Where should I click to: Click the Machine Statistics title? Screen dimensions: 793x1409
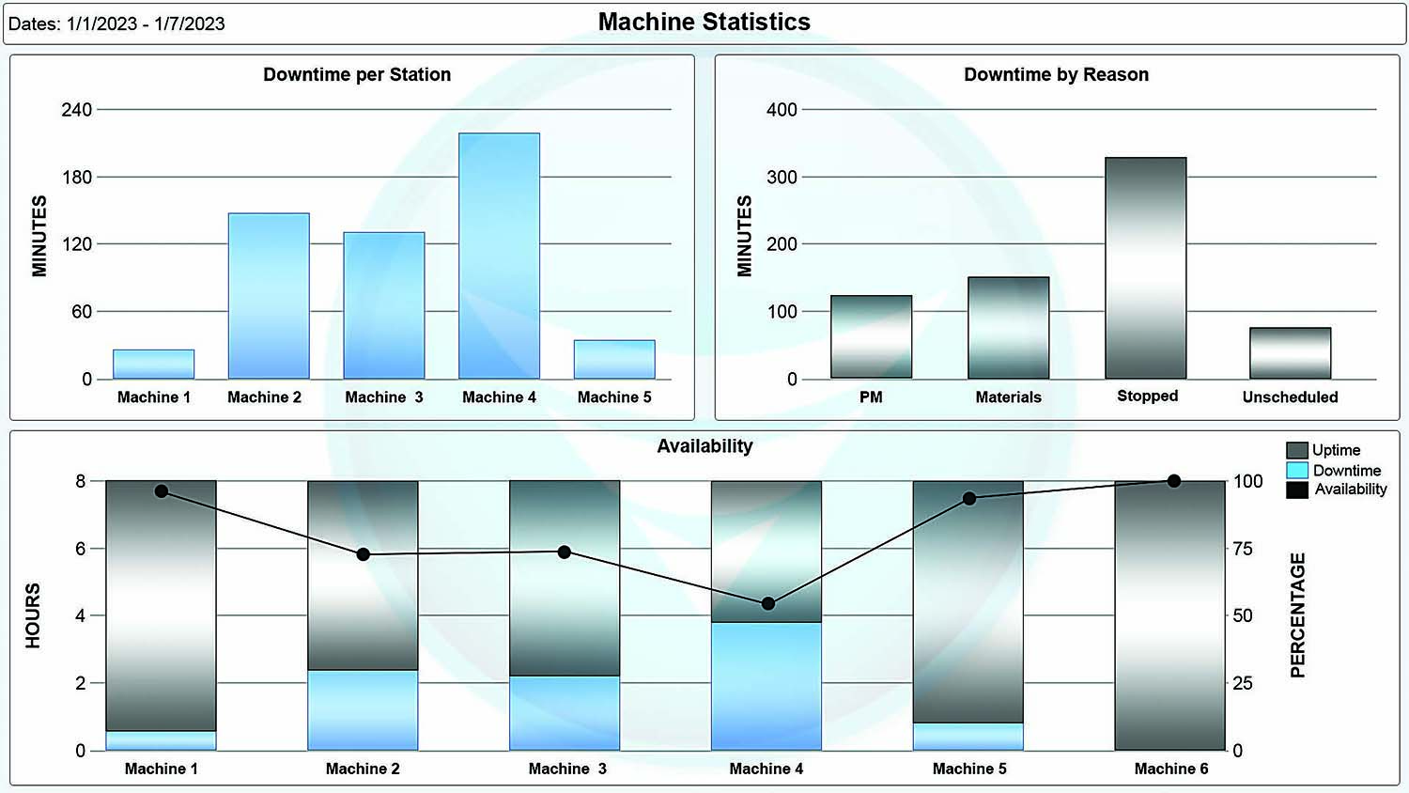(x=704, y=22)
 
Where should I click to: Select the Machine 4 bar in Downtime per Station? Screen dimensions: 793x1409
(x=499, y=256)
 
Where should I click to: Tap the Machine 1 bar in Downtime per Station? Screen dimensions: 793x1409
(x=153, y=364)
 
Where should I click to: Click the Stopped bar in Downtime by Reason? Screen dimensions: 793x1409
(x=1145, y=268)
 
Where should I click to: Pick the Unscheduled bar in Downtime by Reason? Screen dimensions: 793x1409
(x=1290, y=353)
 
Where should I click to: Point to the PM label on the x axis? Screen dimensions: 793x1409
(x=871, y=397)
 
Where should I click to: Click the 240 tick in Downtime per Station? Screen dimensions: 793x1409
(x=77, y=110)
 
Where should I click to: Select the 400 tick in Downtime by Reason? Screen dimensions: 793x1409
(x=782, y=110)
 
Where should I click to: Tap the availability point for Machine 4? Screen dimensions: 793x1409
(x=767, y=603)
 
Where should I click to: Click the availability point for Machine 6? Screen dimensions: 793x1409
(x=1173, y=481)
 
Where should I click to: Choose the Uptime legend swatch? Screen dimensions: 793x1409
(x=1296, y=450)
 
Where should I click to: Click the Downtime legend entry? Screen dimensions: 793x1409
(x=1346, y=470)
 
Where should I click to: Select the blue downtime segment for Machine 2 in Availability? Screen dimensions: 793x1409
(x=363, y=709)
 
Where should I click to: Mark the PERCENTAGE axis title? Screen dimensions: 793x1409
(x=1297, y=615)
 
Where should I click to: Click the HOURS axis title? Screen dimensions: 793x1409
(x=33, y=615)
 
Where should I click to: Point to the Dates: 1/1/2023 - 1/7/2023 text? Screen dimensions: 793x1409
(x=116, y=24)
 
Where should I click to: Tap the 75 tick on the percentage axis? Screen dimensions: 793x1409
(x=1242, y=549)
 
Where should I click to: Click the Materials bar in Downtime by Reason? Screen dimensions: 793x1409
(x=1008, y=327)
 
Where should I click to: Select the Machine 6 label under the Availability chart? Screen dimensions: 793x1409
(x=1170, y=769)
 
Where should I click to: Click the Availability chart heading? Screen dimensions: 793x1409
(x=704, y=446)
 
